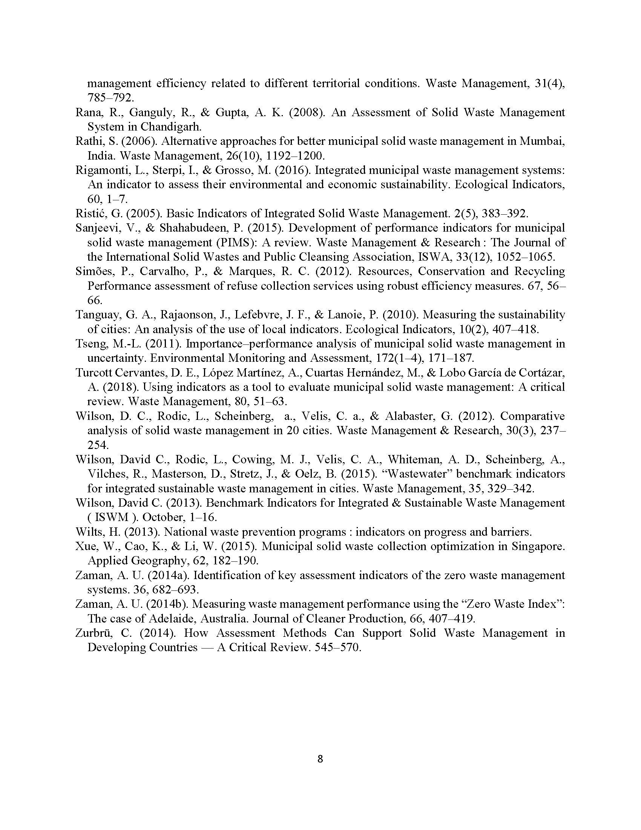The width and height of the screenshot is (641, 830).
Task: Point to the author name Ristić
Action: click(x=89, y=213)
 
